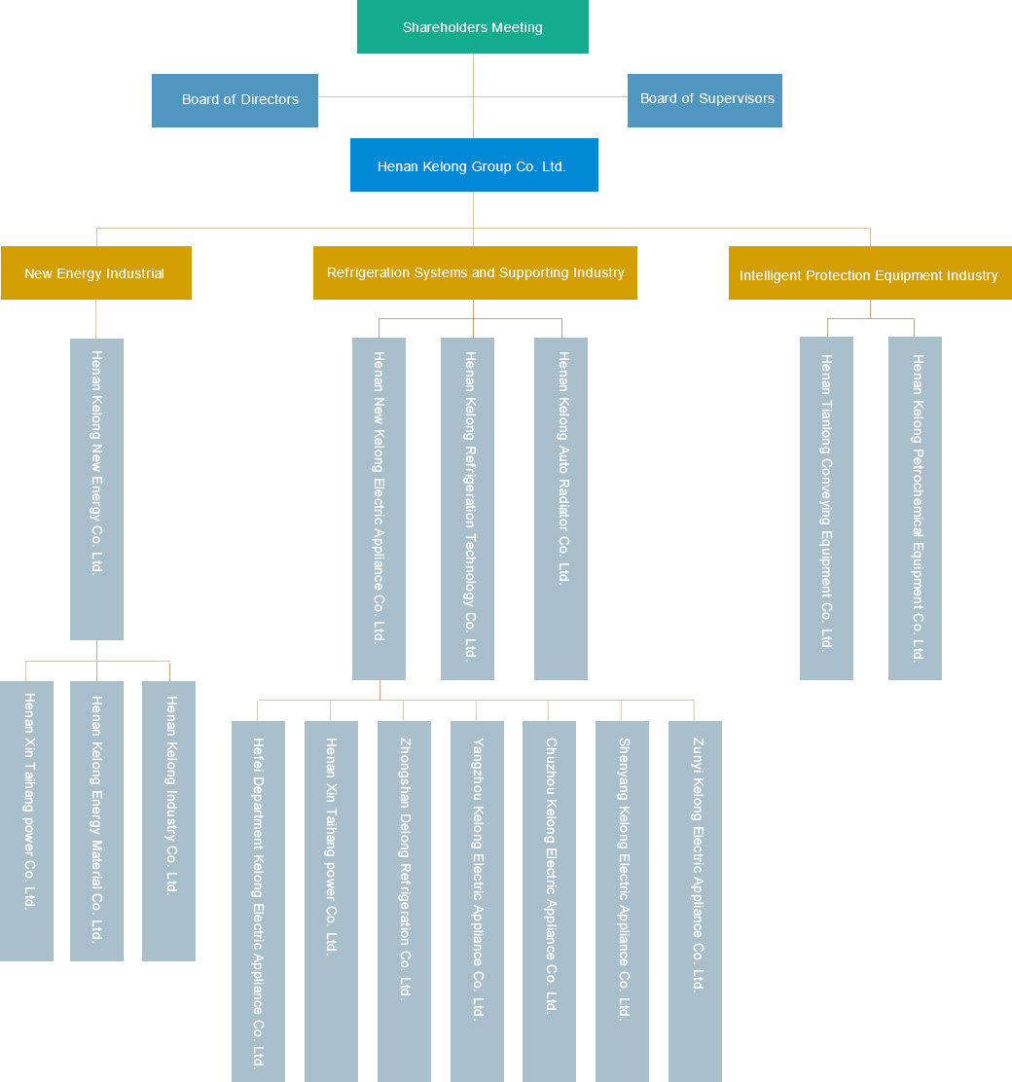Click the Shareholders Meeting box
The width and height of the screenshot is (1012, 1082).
(473, 27)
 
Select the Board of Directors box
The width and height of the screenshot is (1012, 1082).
(235, 100)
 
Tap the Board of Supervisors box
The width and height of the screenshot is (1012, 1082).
(705, 100)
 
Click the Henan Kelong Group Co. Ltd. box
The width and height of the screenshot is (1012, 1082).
(474, 165)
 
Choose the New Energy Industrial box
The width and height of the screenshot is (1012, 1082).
(95, 273)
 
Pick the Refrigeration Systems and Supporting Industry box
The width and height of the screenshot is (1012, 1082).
(475, 273)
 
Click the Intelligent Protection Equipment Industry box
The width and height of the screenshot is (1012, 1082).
(869, 273)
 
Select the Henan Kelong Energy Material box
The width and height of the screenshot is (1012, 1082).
(96, 820)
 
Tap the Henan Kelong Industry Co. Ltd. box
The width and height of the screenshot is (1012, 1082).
(168, 820)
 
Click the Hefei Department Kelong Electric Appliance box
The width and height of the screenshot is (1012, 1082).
(258, 901)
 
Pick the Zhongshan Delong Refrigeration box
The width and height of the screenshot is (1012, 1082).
(404, 901)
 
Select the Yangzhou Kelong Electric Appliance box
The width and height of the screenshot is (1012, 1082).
(477, 901)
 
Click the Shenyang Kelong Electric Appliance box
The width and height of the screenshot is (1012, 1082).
(622, 901)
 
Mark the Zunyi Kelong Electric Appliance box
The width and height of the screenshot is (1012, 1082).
(695, 901)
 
